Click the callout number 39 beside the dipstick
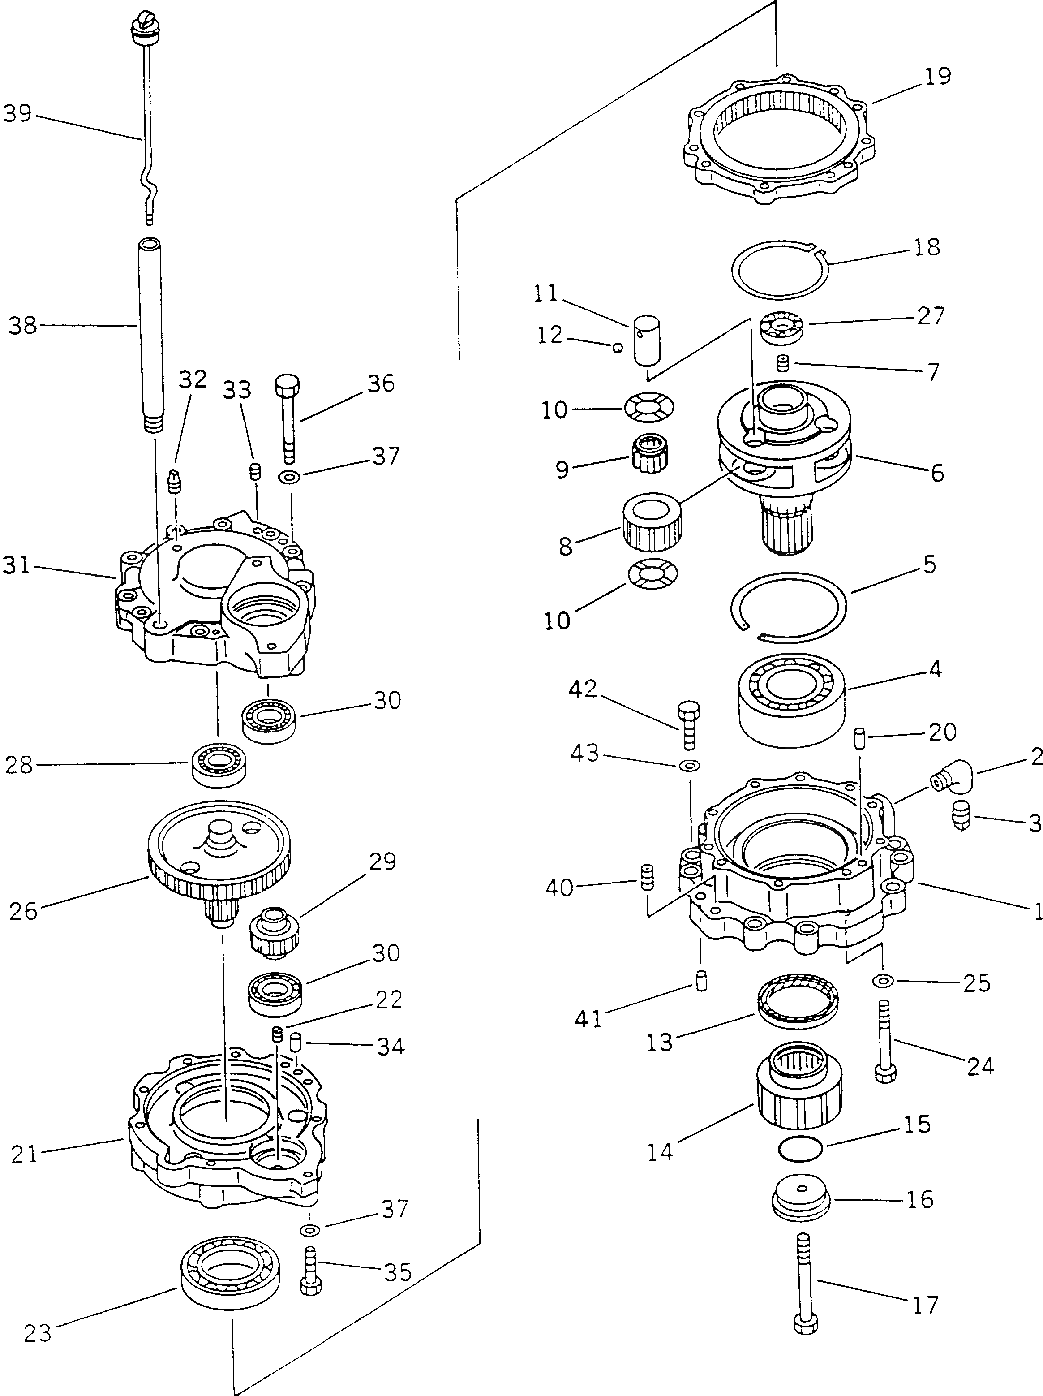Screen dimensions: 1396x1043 [17, 114]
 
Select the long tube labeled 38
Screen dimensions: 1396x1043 [150, 335]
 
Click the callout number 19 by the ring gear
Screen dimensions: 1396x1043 [938, 76]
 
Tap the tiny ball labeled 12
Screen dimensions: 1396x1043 [619, 346]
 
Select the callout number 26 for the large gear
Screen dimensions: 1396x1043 [23, 911]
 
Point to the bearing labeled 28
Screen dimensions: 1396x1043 [218, 765]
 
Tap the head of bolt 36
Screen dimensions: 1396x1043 [287, 383]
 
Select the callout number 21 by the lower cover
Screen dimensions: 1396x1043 [25, 1154]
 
